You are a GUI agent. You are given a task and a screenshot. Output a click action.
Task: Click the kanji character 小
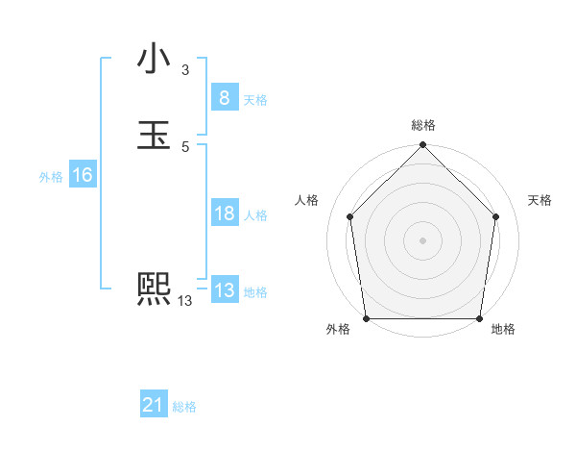[154, 59]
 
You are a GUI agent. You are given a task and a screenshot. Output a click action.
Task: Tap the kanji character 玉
[154, 136]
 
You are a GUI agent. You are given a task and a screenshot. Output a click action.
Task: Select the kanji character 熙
[154, 289]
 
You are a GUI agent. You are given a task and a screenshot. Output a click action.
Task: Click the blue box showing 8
[224, 97]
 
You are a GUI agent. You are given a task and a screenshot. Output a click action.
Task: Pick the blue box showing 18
[224, 213]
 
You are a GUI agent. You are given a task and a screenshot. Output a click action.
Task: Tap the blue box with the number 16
[82, 175]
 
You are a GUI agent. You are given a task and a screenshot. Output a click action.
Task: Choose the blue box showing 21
[154, 406]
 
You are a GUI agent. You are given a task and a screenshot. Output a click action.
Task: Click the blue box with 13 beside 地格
[224, 290]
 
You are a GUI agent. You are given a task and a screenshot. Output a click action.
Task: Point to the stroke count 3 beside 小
[185, 70]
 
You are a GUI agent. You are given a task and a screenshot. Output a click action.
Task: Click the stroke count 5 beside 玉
[185, 147]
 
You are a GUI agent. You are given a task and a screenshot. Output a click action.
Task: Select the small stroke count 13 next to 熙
[185, 301]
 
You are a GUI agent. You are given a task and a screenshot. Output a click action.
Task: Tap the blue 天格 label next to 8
[255, 99]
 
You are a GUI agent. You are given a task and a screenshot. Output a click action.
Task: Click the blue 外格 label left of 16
[51, 177]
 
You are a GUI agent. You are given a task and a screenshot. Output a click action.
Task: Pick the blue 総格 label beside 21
[184, 407]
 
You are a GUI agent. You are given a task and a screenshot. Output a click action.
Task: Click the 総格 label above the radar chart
[423, 126]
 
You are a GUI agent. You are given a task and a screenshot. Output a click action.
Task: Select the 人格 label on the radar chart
[307, 200]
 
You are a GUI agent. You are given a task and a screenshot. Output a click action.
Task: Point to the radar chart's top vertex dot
[423, 146]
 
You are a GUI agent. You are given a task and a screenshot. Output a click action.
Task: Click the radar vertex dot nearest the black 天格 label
[496, 216]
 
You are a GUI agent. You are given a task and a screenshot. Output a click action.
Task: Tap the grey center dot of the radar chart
[423, 239]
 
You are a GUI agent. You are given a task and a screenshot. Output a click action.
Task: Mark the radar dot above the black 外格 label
[367, 318]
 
